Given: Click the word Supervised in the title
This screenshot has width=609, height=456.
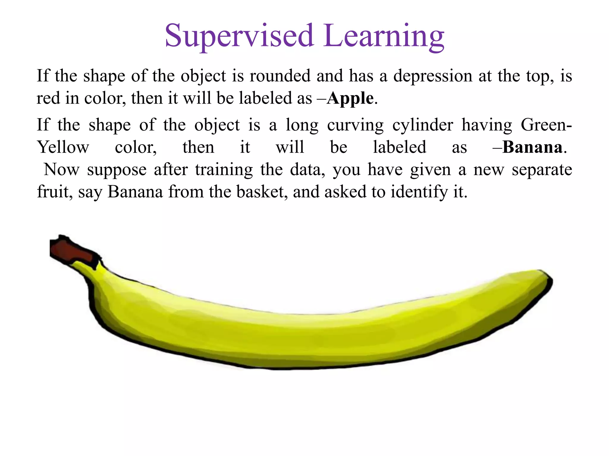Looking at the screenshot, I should click(x=239, y=36).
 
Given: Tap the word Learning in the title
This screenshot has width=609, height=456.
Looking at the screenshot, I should click(x=384, y=36).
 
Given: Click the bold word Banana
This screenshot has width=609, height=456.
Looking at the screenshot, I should click(x=532, y=147).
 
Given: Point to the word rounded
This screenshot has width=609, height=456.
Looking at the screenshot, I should click(x=280, y=76).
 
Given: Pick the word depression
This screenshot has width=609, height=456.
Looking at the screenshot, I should click(x=433, y=76).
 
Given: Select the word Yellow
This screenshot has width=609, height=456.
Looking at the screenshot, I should click(x=63, y=147).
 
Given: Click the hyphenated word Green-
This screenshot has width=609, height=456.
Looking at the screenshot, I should click(x=546, y=125).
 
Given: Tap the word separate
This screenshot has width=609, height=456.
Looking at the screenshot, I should click(x=542, y=170).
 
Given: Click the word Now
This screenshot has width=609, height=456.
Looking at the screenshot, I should click(x=62, y=170).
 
